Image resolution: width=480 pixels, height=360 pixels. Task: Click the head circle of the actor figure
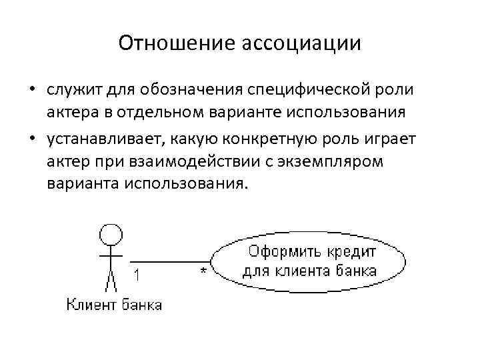pos(111,234)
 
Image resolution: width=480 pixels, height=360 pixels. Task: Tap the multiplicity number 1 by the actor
pos(136,273)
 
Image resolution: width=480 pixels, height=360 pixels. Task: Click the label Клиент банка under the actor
pos(114,305)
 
